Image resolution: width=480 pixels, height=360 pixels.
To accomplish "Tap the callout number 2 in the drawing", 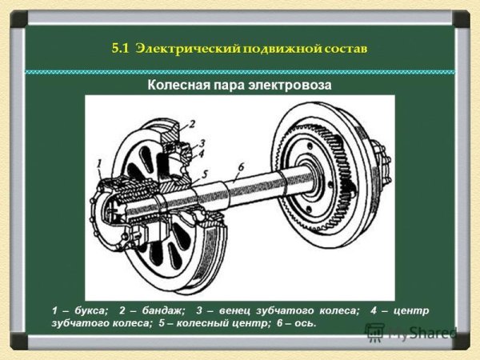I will point(192,125).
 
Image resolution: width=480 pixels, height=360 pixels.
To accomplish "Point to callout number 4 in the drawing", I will point(202,153).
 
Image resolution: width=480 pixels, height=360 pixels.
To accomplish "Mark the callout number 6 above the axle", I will point(239,166).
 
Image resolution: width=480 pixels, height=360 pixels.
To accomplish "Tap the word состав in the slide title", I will point(347,48).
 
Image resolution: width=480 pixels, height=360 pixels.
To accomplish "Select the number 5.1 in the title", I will point(122,48).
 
